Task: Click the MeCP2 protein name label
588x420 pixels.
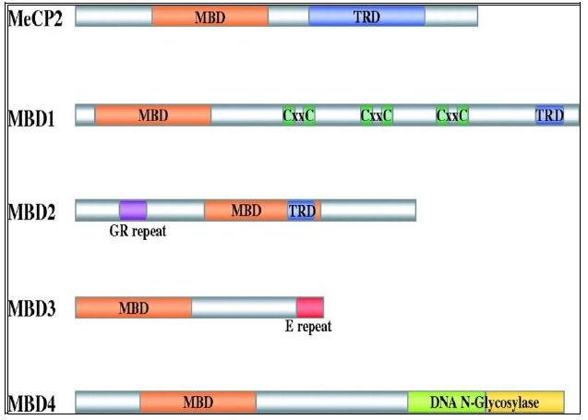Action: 35,18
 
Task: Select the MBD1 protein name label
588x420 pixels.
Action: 33,116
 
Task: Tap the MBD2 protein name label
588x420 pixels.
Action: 33,211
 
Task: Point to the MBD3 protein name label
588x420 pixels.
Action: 33,307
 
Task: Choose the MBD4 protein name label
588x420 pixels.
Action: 33,402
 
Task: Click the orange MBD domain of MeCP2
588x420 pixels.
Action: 210,17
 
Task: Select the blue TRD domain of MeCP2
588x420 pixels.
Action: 366,17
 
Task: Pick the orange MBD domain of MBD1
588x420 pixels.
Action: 152,114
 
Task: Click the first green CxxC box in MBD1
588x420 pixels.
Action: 299,114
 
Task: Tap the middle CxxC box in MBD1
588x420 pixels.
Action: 377,114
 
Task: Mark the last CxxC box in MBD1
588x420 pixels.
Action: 452,114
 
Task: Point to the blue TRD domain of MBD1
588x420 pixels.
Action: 549,114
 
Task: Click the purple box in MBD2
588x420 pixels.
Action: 133,210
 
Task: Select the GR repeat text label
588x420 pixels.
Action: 137,231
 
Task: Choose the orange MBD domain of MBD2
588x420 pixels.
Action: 246,210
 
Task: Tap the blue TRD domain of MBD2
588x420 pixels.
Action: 302,210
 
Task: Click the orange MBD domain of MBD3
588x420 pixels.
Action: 133,306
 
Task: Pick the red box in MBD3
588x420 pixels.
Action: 309,306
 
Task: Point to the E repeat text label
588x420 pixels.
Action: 307,327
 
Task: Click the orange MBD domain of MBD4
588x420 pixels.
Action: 198,402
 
